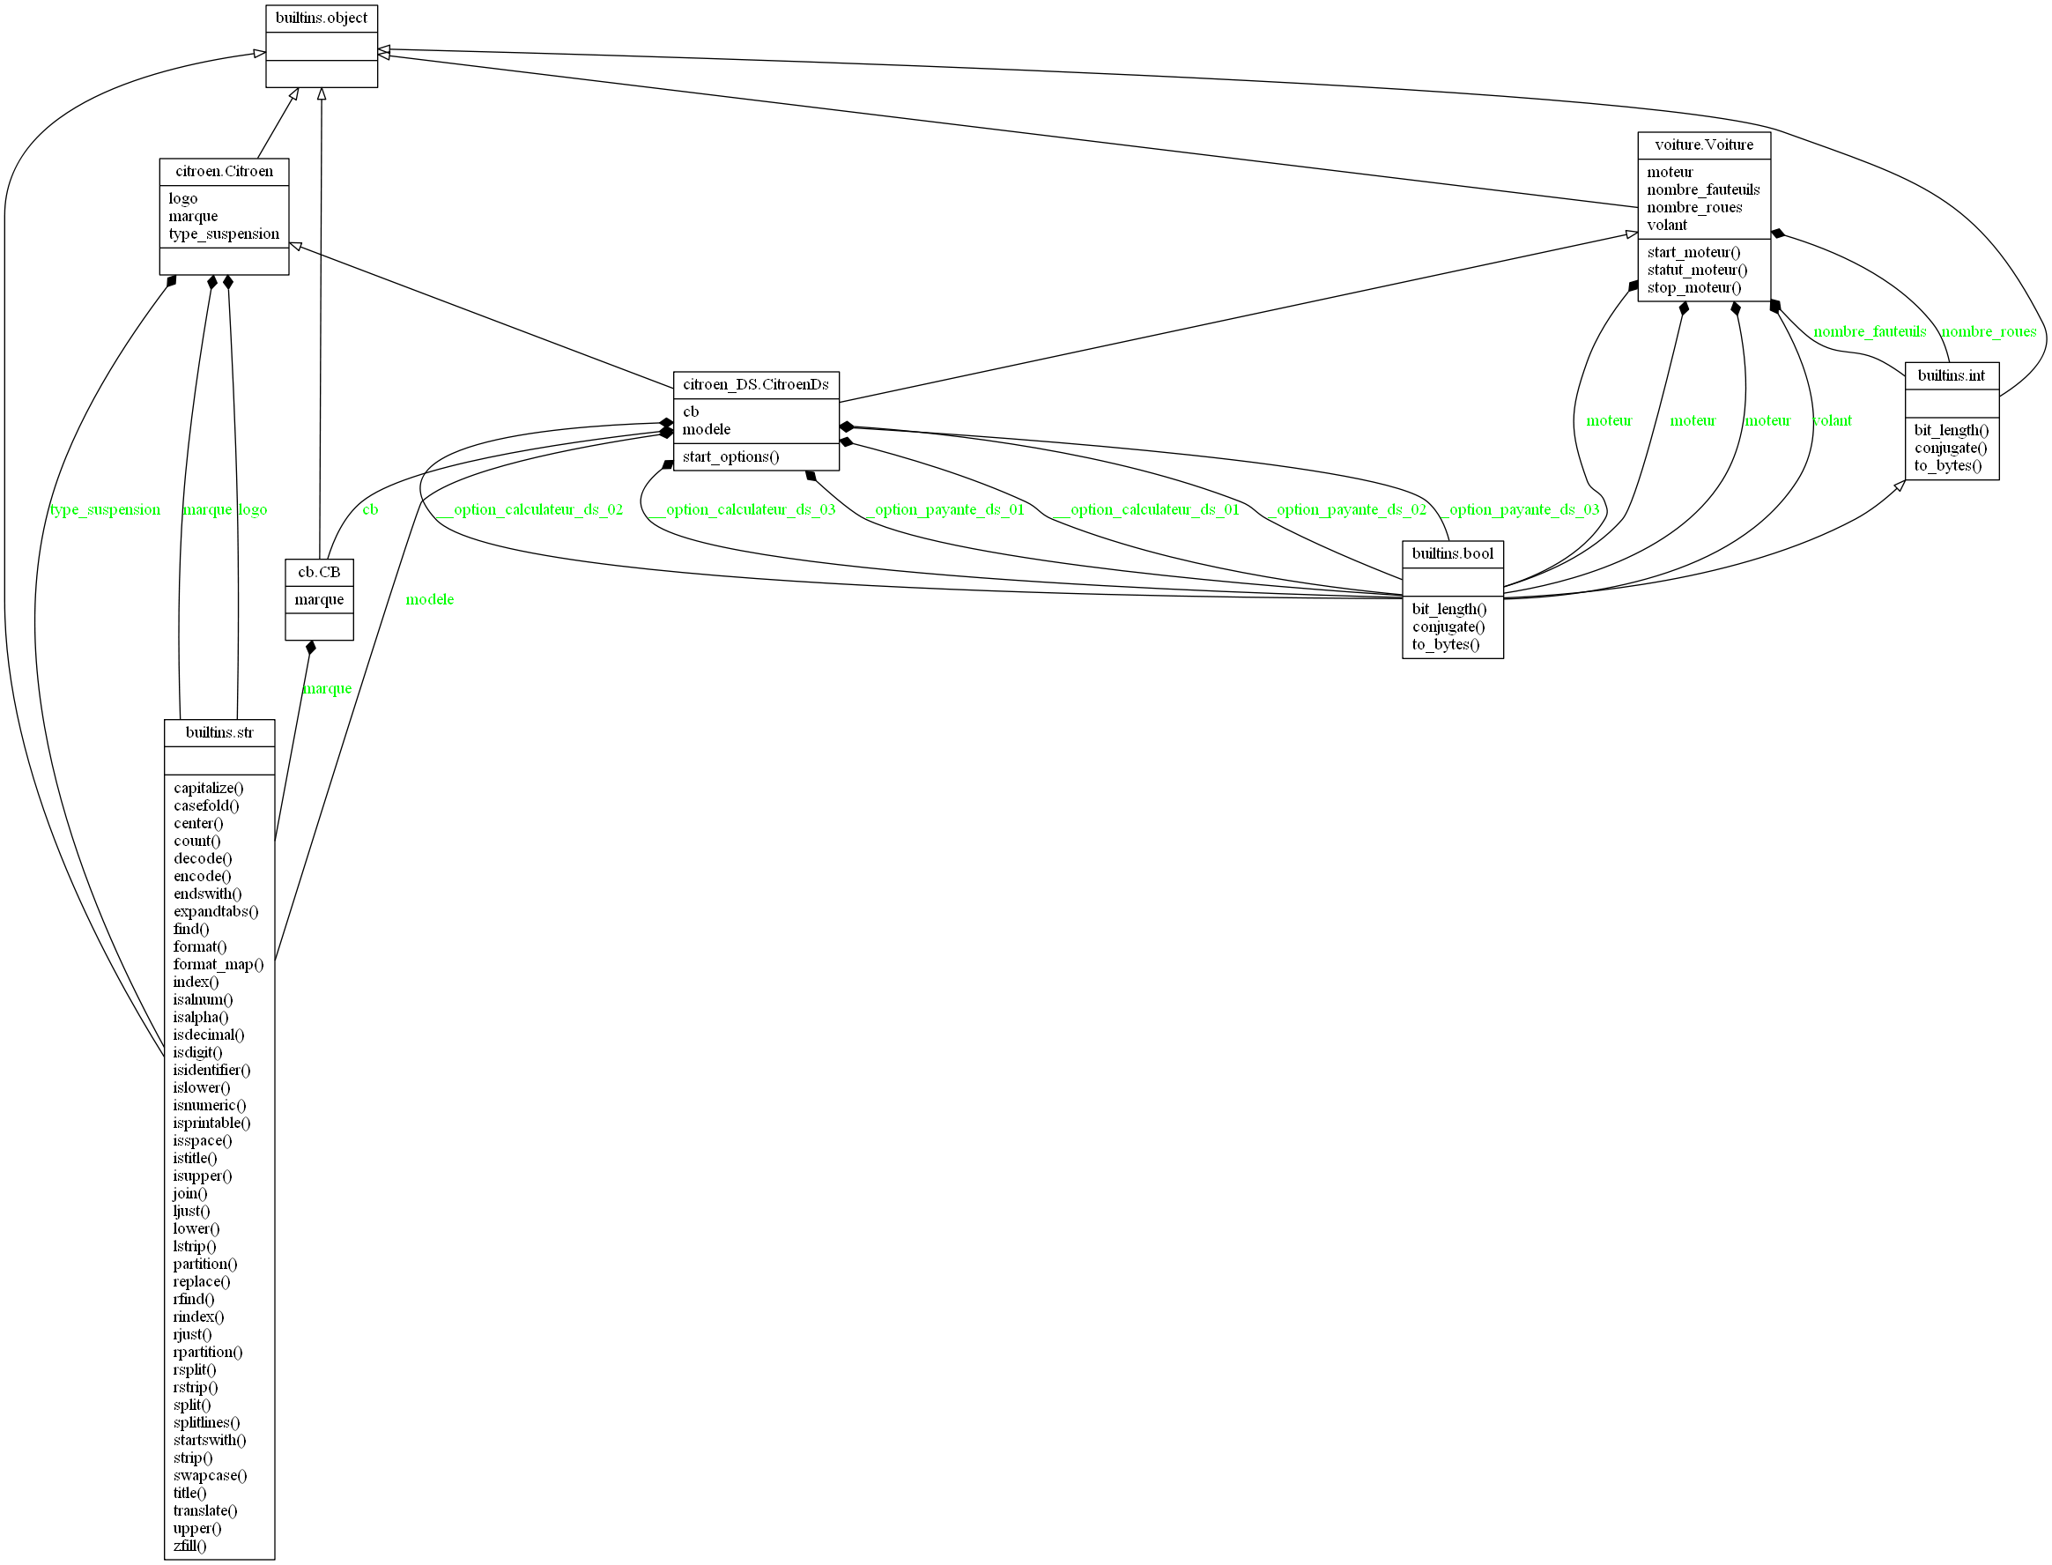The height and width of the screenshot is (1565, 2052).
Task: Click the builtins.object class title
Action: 322,19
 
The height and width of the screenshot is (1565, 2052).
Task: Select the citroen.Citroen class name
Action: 225,172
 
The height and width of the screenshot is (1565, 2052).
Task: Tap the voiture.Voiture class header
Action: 1704,145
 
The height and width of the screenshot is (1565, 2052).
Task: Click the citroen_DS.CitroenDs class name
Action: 755,385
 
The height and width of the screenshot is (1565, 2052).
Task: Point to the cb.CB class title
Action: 319,572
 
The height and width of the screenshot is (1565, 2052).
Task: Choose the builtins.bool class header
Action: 1452,554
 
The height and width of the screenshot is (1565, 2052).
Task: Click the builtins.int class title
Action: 1952,376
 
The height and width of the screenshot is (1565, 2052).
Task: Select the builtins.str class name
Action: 219,733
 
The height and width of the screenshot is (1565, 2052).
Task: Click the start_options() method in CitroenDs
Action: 730,457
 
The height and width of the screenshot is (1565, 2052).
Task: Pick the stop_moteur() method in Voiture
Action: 1693,288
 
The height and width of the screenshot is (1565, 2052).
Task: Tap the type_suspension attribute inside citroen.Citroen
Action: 224,234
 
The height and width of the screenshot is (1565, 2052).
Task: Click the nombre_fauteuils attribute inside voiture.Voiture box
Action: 1703,190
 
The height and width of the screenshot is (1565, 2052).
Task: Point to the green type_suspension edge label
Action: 104,510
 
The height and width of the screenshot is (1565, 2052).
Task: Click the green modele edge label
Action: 429,600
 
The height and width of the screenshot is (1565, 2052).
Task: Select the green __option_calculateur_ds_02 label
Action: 528,510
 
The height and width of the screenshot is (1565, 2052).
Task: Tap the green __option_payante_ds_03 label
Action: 1518,510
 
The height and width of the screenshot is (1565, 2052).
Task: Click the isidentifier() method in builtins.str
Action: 211,1071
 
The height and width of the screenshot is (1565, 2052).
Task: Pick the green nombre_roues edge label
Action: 1988,332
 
